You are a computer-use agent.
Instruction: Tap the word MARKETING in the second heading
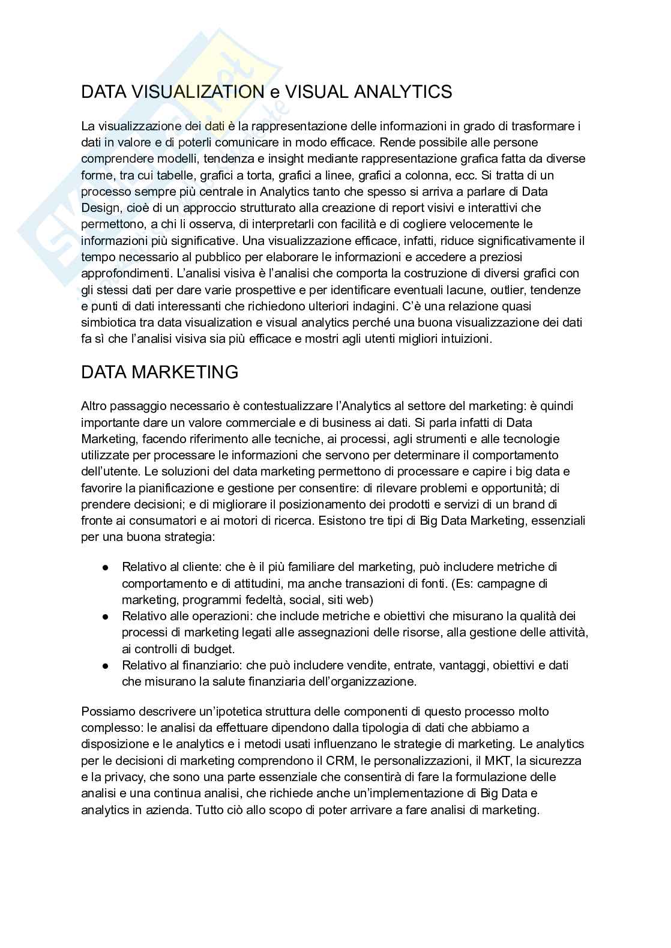pyautogui.click(x=184, y=372)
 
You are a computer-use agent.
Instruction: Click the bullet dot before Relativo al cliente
pyautogui.click(x=106, y=567)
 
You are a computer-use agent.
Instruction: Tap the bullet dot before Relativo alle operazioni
pyautogui.click(x=106, y=617)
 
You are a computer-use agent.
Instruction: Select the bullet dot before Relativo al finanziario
pyautogui.click(x=106, y=666)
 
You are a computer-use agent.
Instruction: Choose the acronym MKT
pyautogui.click(x=480, y=761)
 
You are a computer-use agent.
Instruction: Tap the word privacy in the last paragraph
pyautogui.click(x=118, y=777)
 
